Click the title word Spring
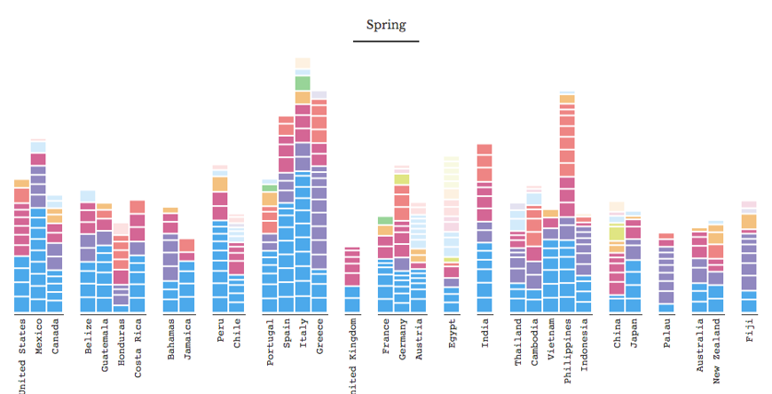(x=385, y=25)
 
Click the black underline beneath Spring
(x=385, y=41)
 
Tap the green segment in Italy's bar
(x=303, y=83)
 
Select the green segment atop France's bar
(x=385, y=220)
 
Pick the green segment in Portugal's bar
(x=270, y=188)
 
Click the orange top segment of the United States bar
(x=21, y=183)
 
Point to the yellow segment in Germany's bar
(x=402, y=179)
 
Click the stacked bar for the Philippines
(x=567, y=204)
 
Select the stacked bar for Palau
(x=666, y=273)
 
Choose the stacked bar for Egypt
(x=452, y=235)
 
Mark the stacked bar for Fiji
(x=749, y=257)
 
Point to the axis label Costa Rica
(x=138, y=350)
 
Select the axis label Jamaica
(x=187, y=342)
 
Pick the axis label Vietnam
(x=551, y=341)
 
